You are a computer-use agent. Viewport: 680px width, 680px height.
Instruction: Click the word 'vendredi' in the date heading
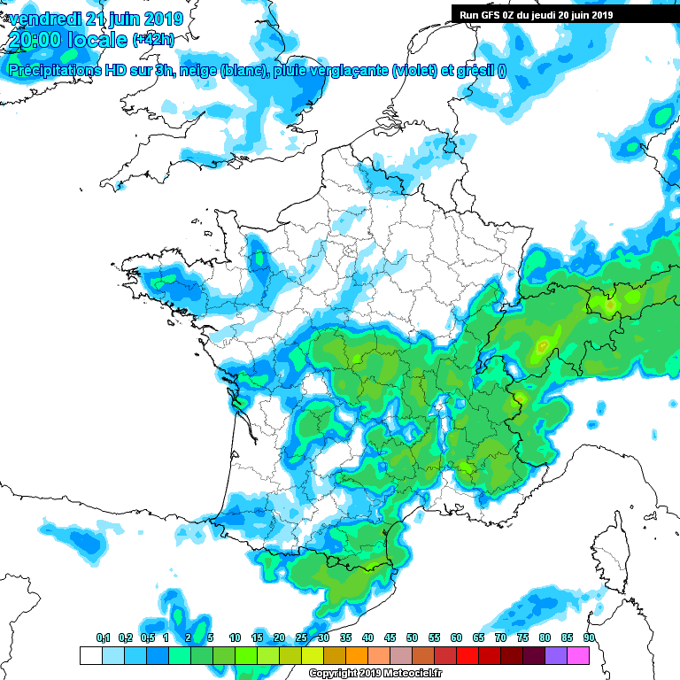(44, 19)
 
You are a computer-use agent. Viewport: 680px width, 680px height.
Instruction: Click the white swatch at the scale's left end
(90, 655)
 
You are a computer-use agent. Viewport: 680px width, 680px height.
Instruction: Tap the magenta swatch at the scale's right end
(578, 655)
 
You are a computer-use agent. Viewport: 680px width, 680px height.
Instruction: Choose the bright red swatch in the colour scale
(467, 655)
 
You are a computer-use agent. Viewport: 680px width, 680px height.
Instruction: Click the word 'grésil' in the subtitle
(475, 71)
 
